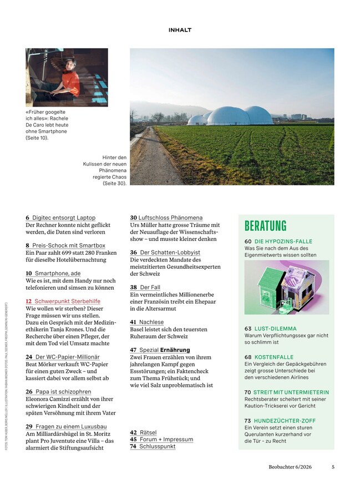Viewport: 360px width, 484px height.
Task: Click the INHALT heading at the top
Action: pos(180,30)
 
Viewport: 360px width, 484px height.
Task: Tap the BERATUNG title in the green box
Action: pos(265,226)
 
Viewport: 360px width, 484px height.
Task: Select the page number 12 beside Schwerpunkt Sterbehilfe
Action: pos(29,301)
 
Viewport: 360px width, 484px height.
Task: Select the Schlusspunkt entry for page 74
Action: pos(157,446)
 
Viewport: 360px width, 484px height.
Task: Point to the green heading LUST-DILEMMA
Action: pos(276,329)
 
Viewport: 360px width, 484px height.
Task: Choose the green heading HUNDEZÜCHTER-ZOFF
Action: pos(285,421)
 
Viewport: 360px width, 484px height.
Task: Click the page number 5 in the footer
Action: pos(333,467)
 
